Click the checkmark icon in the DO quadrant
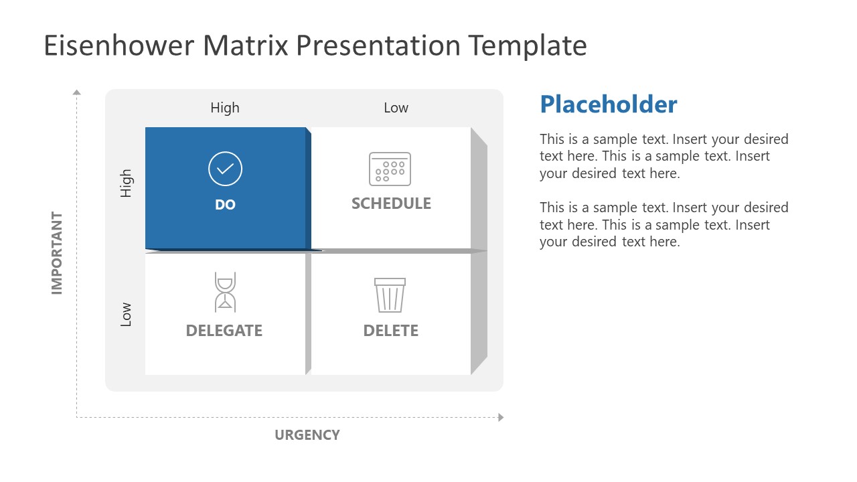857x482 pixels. tap(225, 169)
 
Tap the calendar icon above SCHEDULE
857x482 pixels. tap(390, 169)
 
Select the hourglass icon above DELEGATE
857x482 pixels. tap(225, 292)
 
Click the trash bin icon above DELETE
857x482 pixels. tap(390, 295)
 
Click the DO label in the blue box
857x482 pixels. tap(225, 205)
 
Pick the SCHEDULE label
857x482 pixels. tap(391, 204)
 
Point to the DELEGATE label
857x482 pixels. tap(224, 331)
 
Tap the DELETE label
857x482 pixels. tap(390, 331)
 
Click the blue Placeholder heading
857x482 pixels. tap(608, 104)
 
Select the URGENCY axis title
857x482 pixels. tap(307, 435)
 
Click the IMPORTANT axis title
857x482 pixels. tap(57, 253)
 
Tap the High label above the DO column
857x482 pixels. tap(224, 108)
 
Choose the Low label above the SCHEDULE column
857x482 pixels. tap(396, 108)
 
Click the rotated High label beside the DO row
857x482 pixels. tap(126, 183)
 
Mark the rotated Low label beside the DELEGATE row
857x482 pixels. tap(126, 315)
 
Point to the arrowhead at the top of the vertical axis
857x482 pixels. tap(76, 92)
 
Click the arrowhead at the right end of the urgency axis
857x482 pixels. tap(500, 418)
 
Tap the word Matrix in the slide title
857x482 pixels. tap(245, 46)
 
